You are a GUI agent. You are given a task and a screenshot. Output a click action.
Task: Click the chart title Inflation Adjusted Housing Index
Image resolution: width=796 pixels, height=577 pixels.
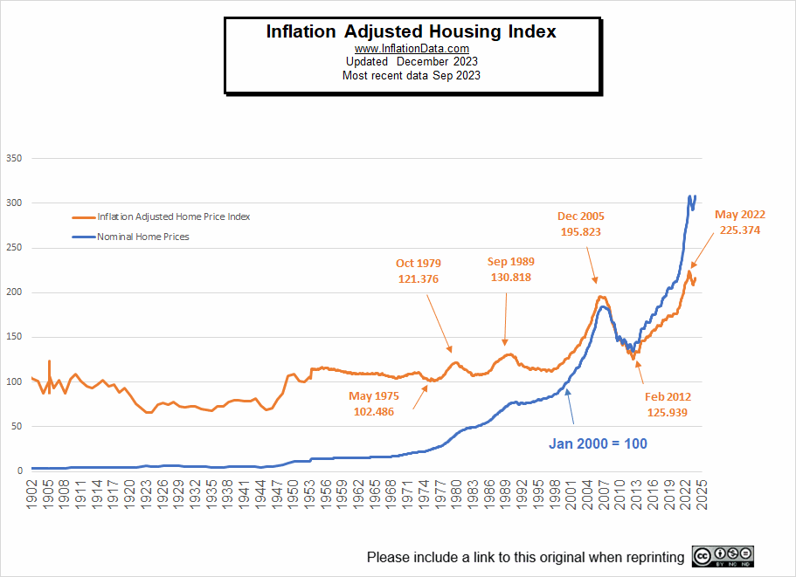pyautogui.click(x=411, y=31)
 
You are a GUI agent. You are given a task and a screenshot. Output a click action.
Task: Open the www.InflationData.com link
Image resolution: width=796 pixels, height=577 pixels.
pyautogui.click(x=411, y=49)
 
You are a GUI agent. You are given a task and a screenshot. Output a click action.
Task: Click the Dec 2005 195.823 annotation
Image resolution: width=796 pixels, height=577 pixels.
pyautogui.click(x=581, y=224)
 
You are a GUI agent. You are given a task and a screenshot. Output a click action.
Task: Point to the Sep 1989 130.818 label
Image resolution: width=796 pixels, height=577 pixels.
pyautogui.click(x=510, y=269)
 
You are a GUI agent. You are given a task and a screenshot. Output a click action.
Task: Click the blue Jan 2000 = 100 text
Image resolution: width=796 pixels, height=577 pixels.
pyautogui.click(x=598, y=443)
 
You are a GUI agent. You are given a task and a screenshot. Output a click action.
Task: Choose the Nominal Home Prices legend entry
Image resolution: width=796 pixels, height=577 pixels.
pyautogui.click(x=142, y=237)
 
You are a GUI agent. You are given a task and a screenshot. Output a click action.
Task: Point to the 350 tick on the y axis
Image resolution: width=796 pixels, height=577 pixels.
pyautogui.click(x=13, y=159)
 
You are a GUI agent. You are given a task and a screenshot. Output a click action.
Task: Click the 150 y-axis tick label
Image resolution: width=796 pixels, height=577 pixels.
pyautogui.click(x=13, y=337)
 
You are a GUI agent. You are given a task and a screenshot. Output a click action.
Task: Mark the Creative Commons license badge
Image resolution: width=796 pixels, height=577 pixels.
pyautogui.click(x=723, y=556)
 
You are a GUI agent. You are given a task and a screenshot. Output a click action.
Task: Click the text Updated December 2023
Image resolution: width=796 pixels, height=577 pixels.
pyautogui.click(x=411, y=62)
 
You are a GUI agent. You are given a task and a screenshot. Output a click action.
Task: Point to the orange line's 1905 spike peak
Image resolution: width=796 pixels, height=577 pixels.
pyautogui.click(x=49, y=361)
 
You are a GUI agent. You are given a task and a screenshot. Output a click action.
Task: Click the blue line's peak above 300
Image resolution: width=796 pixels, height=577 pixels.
pyautogui.click(x=690, y=196)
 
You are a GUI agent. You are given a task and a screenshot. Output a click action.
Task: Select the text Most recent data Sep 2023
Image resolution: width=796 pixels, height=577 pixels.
pyautogui.click(x=411, y=75)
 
